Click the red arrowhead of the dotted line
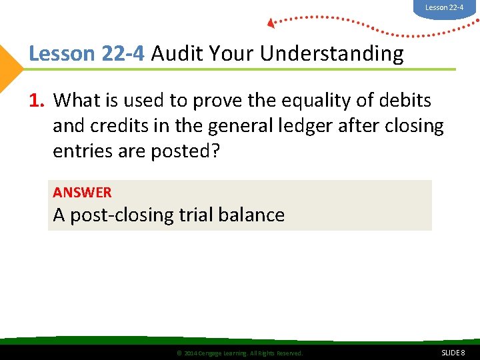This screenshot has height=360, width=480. click(x=271, y=23)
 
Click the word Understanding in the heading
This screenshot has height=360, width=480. click(x=332, y=53)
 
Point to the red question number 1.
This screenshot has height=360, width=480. click(x=37, y=101)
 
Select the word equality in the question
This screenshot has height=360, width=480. click(x=313, y=101)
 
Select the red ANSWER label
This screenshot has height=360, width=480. click(x=82, y=193)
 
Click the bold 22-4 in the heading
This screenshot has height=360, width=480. click(x=123, y=53)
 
